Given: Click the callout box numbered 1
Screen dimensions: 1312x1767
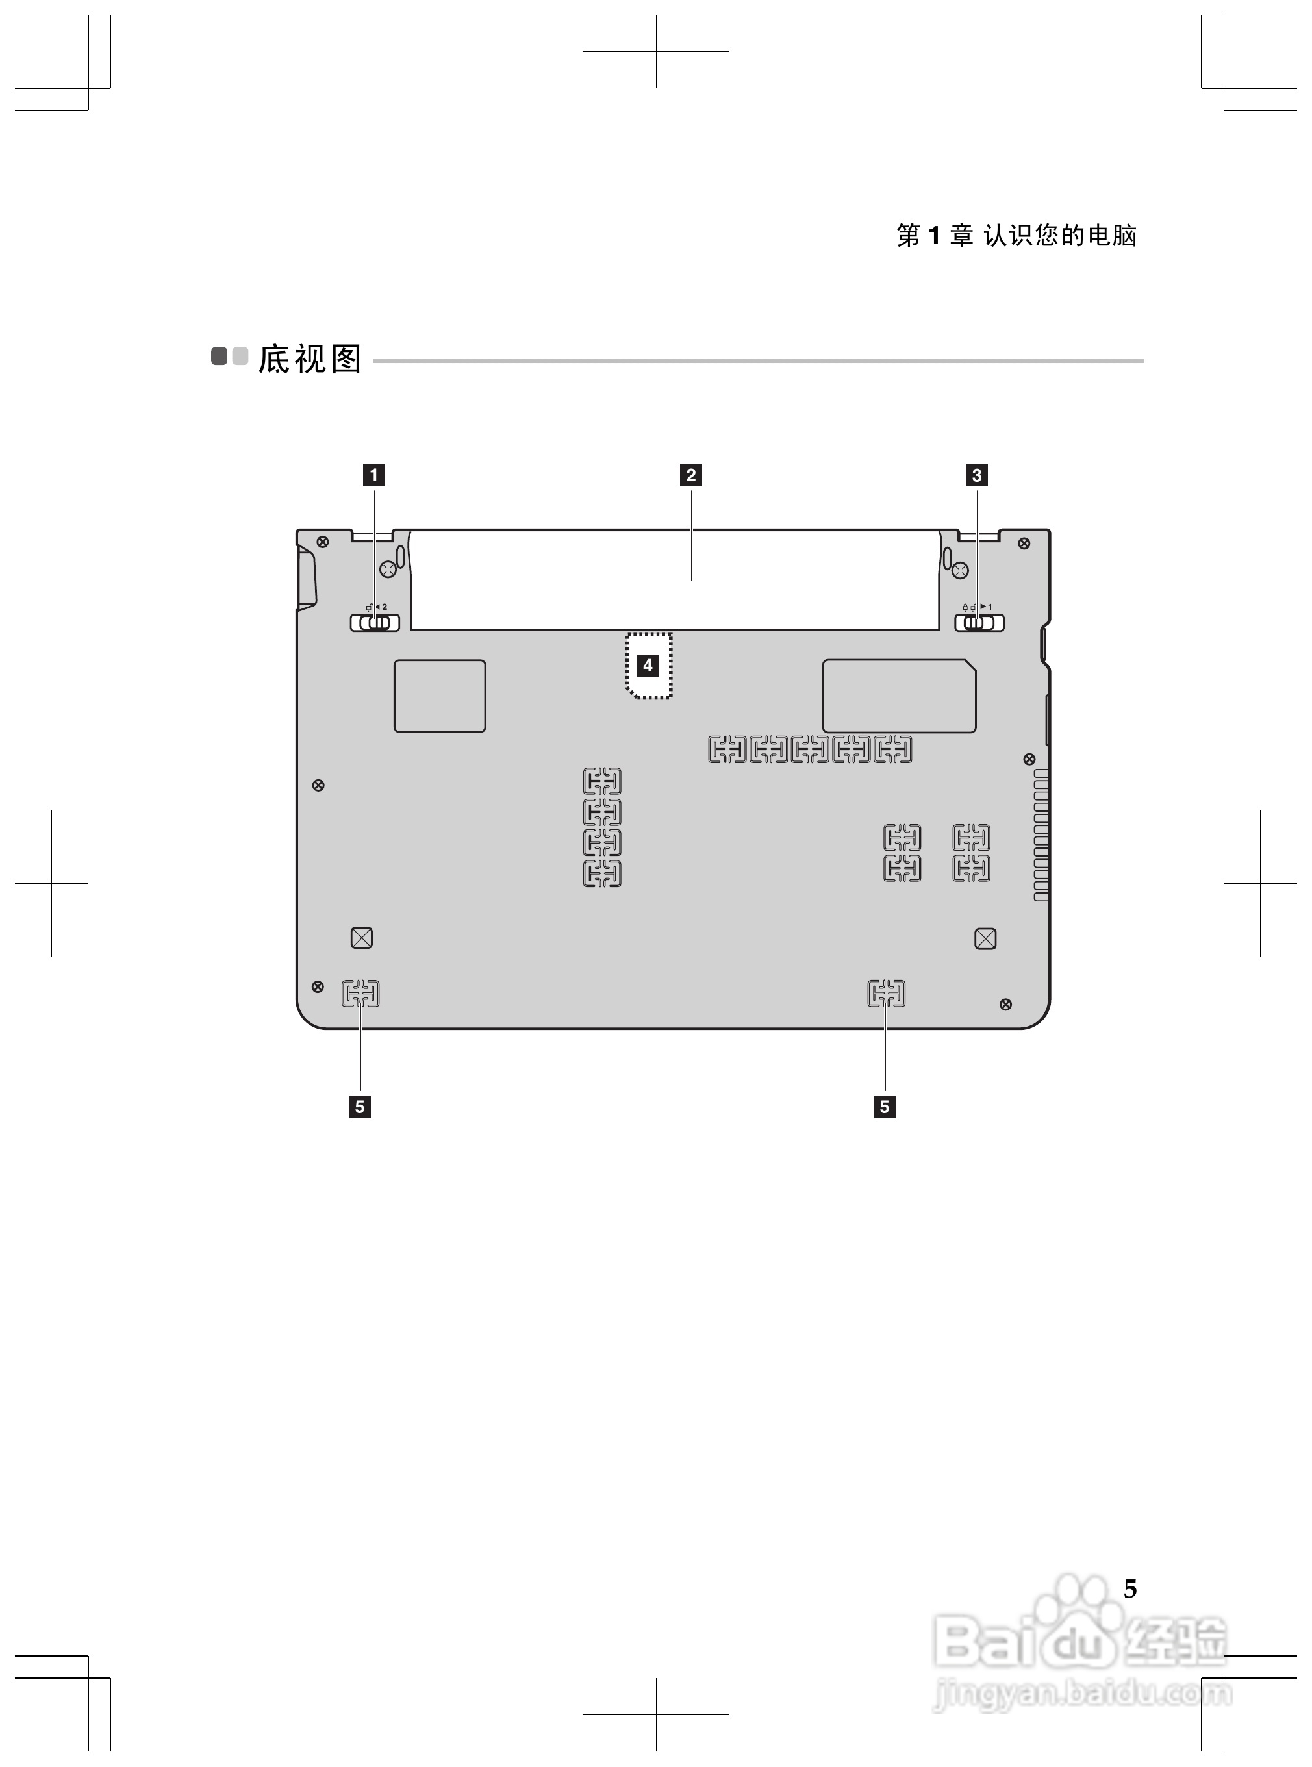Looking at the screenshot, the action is point(373,475).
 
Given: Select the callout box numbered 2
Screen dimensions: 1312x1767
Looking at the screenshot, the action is point(690,475).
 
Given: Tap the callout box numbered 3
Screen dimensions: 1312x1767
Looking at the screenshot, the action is point(976,475).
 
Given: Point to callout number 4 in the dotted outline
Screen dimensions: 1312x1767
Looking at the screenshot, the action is point(648,666).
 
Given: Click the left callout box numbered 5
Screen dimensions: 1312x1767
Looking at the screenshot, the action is point(360,1107).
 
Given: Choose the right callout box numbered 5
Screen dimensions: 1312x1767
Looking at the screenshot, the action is point(884,1107).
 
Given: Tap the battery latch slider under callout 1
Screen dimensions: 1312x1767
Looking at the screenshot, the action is point(375,623).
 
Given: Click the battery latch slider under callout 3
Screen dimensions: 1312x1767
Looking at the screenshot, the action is point(978,623).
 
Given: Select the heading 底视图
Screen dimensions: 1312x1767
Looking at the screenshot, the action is point(310,359).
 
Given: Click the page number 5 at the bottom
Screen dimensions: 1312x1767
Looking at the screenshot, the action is point(1129,1588).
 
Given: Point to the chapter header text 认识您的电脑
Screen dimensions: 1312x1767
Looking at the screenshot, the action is point(1059,235).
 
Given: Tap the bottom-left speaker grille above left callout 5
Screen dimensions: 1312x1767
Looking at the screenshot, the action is point(360,993).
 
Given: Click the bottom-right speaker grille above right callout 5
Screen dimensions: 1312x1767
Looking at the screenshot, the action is point(887,993).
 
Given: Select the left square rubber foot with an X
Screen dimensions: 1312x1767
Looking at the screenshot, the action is point(361,938).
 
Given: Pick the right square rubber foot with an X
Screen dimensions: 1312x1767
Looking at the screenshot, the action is point(985,938).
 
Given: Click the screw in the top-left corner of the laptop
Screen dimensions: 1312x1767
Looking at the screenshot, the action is point(322,542).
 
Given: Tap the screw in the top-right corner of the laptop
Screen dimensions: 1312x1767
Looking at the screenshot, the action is point(1024,543).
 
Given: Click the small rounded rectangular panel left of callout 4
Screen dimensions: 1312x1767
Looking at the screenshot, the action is point(439,696).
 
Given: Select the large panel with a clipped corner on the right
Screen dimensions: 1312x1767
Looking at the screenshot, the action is point(899,696).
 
